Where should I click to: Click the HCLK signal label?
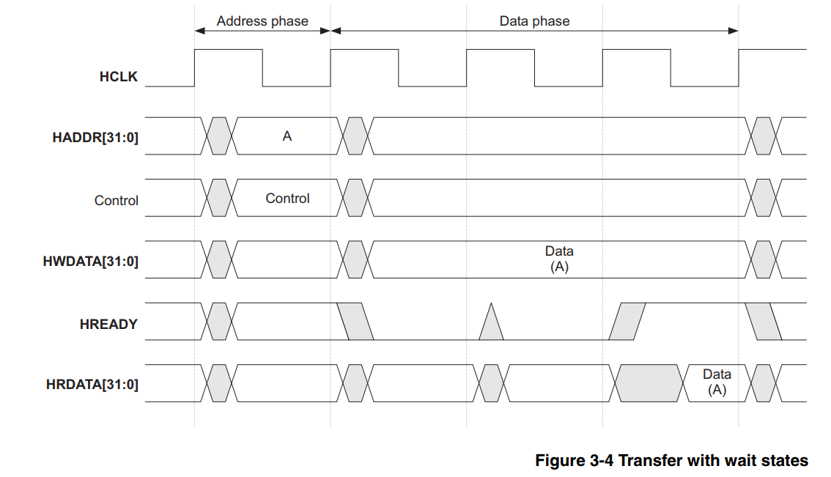[x=118, y=76]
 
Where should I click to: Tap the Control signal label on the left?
[x=116, y=200]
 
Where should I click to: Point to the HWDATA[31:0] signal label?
[x=90, y=262]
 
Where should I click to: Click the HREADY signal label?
[x=108, y=324]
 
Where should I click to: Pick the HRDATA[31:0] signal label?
[x=92, y=385]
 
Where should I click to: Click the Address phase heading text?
[x=262, y=21]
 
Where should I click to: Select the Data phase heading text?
[x=534, y=21]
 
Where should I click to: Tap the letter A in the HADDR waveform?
[x=287, y=136]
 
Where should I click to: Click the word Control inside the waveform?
[x=287, y=199]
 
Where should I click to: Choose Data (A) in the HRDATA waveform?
[x=717, y=382]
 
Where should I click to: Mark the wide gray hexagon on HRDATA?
[x=649, y=382]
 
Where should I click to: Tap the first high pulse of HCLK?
[x=228, y=50]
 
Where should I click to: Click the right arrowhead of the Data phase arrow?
[x=733, y=30]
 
